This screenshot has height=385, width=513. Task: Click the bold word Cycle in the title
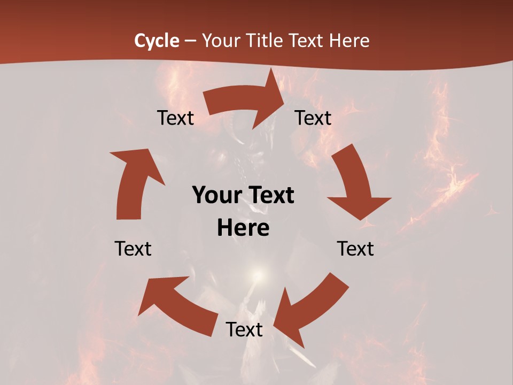click(157, 41)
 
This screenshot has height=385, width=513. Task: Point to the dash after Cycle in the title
click(190, 41)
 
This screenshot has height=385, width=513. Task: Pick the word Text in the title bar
click(307, 41)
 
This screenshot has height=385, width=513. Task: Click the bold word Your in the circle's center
click(215, 196)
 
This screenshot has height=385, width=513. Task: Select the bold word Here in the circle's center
click(243, 228)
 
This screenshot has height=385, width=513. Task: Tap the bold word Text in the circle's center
click(269, 196)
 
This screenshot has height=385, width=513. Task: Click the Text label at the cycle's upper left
click(175, 118)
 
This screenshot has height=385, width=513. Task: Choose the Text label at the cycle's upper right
click(313, 118)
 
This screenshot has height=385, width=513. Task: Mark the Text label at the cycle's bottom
click(244, 329)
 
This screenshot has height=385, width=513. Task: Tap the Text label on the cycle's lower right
click(355, 249)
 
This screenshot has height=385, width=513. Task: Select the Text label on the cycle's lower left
click(133, 249)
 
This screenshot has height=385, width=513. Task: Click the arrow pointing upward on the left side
click(134, 182)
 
